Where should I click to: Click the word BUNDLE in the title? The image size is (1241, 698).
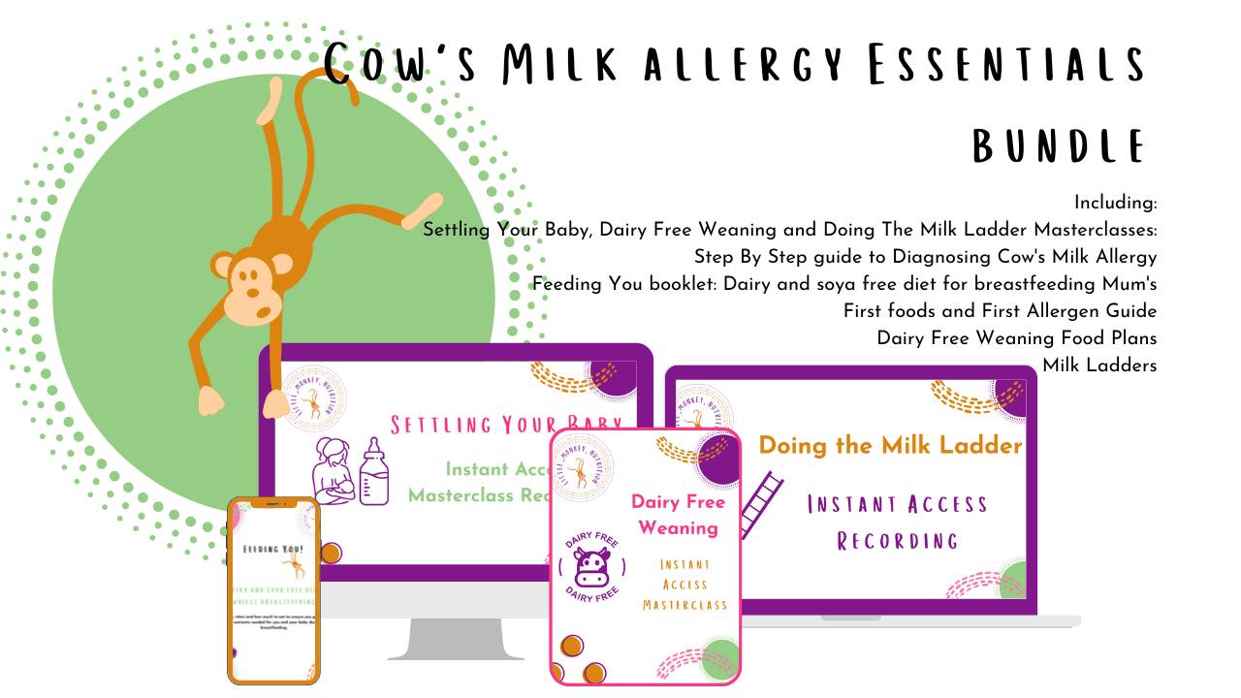tap(1059, 145)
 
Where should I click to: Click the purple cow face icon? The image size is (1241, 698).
tap(590, 568)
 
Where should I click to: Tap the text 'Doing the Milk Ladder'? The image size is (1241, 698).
tap(890, 445)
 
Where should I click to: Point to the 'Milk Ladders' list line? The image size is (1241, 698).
tap(1099, 365)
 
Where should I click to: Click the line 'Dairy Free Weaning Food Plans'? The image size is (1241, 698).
tap(1016, 338)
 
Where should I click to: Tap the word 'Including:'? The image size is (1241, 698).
tap(1115, 203)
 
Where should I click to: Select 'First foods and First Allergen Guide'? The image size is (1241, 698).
tap(1000, 311)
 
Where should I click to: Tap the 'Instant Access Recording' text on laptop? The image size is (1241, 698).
tap(898, 522)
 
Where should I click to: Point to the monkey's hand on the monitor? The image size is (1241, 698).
tap(210, 399)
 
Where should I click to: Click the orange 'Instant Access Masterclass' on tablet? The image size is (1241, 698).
tap(684, 585)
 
